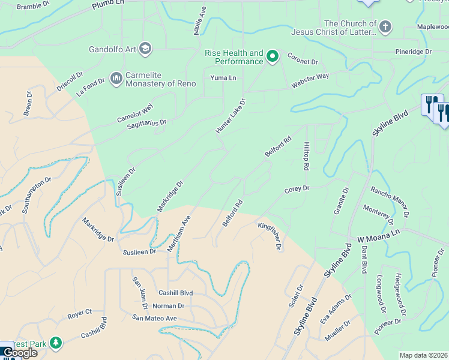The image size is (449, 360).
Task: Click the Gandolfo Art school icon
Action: pyautogui.click(x=145, y=49)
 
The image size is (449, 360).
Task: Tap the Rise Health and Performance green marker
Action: pyautogui.click(x=272, y=57)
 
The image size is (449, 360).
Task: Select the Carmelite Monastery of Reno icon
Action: pyautogui.click(x=116, y=79)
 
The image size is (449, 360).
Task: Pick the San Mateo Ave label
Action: pyautogui.click(x=155, y=318)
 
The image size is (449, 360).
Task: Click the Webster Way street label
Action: pyautogui.click(x=310, y=80)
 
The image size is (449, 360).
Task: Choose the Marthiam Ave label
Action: pyautogui.click(x=179, y=233)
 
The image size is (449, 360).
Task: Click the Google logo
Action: pyautogui.click(x=20, y=353)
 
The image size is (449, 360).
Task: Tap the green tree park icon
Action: pyautogui.click(x=56, y=343)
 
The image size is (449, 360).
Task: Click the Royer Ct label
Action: pyautogui.click(x=79, y=312)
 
